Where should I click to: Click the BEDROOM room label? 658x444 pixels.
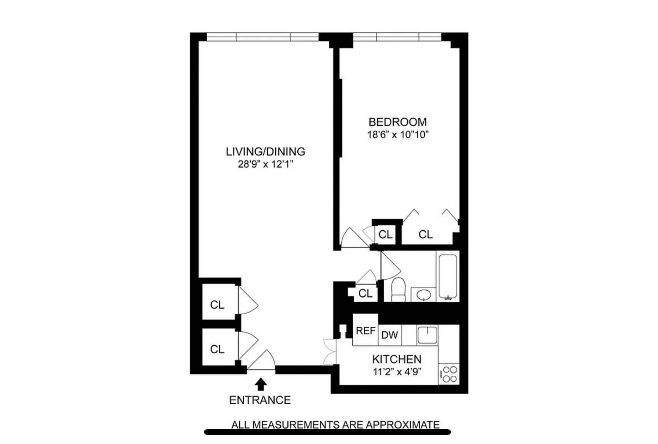click(397, 122)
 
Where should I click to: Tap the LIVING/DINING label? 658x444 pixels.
click(265, 151)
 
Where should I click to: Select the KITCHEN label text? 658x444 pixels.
click(397, 359)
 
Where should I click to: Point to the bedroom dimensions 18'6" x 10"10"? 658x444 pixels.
click(397, 134)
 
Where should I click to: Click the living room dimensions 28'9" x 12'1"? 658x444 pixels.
click(265, 164)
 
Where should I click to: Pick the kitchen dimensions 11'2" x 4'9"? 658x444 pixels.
click(397, 371)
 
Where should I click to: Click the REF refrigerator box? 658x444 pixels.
click(365, 331)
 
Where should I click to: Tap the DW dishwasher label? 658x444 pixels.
click(389, 335)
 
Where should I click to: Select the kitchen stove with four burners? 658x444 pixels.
click(449, 374)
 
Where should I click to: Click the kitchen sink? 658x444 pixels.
click(427, 335)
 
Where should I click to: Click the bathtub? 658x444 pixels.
click(448, 277)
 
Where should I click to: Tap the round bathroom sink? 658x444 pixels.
click(423, 294)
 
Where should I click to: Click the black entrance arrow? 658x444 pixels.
click(261, 384)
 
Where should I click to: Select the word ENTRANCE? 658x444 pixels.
click(260, 400)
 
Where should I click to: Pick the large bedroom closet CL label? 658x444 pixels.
click(426, 235)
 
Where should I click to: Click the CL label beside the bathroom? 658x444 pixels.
click(366, 293)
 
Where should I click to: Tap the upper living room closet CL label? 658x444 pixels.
click(217, 305)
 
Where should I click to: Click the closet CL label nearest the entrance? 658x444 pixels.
click(217, 349)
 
